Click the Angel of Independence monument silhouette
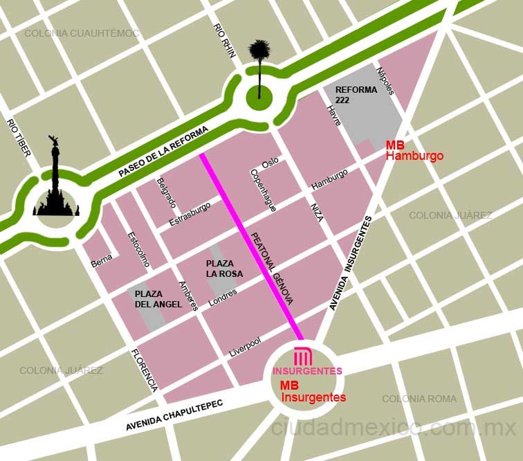click(x=55, y=183)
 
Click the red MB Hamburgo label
click(x=414, y=151)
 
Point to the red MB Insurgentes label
click(x=313, y=392)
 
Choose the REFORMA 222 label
click(x=356, y=95)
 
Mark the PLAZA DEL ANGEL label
click(x=158, y=299)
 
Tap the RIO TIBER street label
click(x=19, y=137)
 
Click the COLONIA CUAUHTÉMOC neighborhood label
click(x=82, y=33)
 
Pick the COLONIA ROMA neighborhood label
click(x=419, y=399)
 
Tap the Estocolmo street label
click(x=138, y=248)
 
